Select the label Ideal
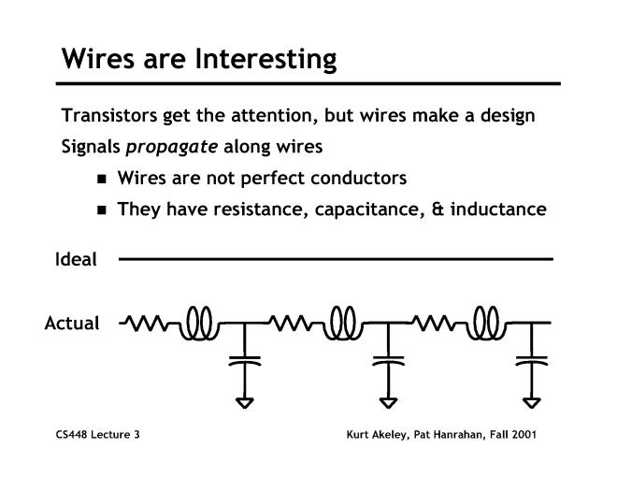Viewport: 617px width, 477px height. click(75, 260)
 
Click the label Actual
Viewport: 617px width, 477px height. click(72, 324)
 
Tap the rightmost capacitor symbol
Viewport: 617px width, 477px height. click(531, 359)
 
